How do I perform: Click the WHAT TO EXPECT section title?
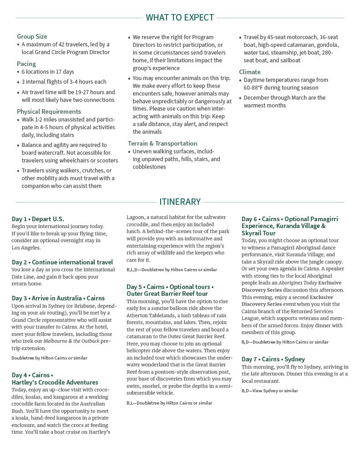pos(180,18)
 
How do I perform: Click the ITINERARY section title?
pos(180,202)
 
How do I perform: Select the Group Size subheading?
pos(32,36)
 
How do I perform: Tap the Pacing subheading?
pos(26,64)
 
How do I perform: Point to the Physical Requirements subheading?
pos(49,111)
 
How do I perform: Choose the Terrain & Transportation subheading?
pos(162,143)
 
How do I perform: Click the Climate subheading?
pos(250,72)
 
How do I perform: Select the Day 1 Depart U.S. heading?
pos(38,219)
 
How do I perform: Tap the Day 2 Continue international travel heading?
pos(62,262)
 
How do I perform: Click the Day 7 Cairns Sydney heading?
pos(273,359)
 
